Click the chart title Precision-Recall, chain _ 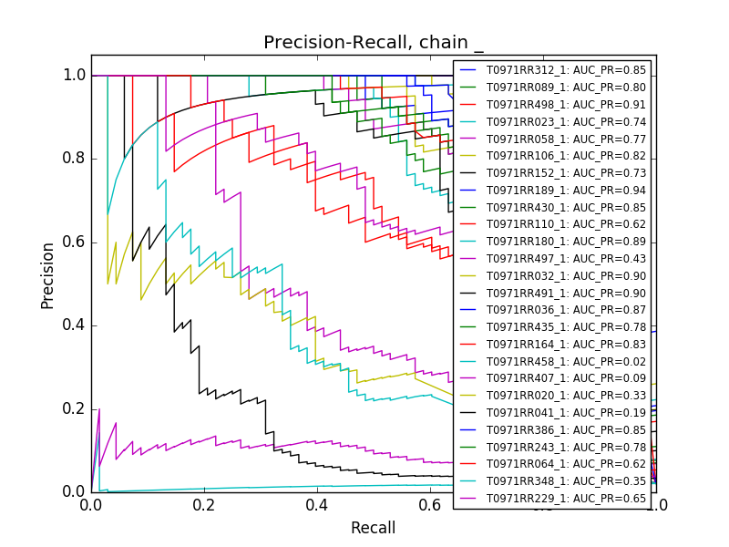point(374,43)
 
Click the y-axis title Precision point(48,274)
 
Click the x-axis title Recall point(374,528)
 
